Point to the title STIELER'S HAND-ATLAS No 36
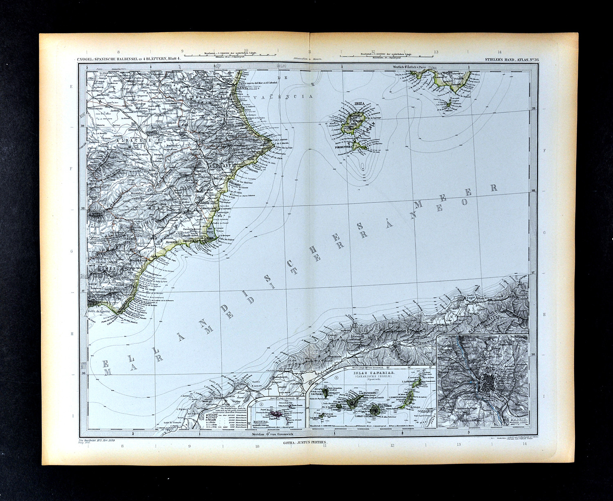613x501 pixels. (x=512, y=60)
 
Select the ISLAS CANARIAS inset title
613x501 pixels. (x=371, y=374)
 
